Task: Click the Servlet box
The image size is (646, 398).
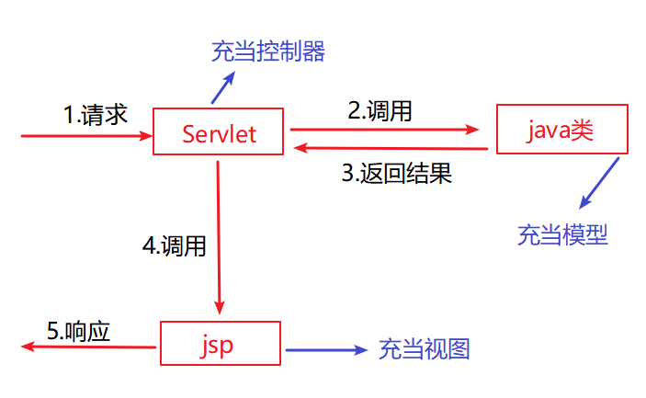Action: [219, 135]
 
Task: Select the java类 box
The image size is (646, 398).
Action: [561, 130]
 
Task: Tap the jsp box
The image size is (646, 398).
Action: [220, 345]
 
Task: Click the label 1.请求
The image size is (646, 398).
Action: [95, 115]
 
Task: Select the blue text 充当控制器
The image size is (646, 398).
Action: [267, 51]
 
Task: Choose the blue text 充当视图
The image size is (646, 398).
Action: [425, 349]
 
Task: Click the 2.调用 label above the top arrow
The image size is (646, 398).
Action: [380, 112]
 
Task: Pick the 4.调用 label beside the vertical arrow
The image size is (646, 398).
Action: [174, 245]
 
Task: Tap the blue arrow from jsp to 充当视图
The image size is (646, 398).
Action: [326, 349]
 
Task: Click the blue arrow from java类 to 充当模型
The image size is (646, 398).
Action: [599, 182]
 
